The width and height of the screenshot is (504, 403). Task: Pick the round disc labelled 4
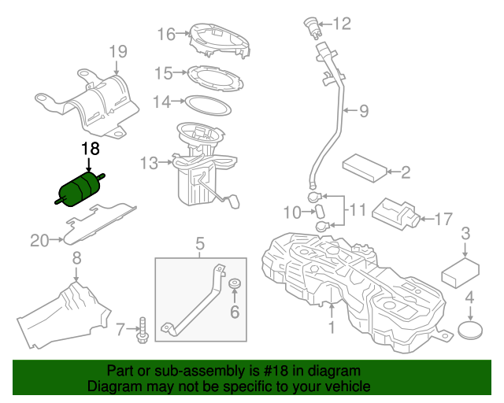[x=469, y=328]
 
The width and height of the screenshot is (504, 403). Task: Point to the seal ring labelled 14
[x=207, y=102]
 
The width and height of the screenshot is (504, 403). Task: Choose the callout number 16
[x=166, y=34]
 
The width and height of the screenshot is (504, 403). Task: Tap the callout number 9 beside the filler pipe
[x=363, y=111]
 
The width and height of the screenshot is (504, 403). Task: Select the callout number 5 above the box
[x=200, y=243]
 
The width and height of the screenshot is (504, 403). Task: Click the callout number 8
[x=76, y=257]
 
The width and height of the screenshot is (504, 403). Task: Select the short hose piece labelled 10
[x=321, y=210]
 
